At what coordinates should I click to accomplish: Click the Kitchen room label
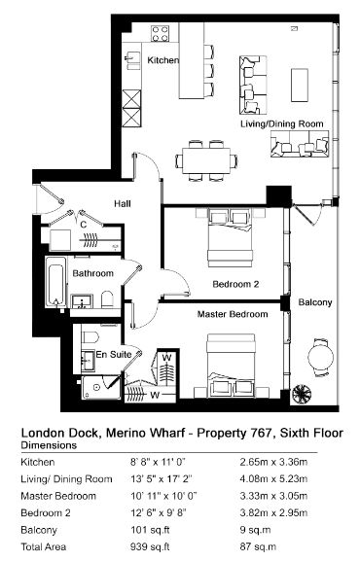pos(163,59)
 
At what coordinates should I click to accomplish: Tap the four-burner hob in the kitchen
pos(160,34)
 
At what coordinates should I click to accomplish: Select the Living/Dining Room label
pos(282,123)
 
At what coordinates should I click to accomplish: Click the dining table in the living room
pos(206,160)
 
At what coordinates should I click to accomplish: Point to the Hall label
pos(123,203)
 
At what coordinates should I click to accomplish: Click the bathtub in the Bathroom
pos(55,282)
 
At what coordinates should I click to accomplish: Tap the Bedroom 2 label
pos(235,284)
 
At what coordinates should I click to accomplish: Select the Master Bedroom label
pos(233,314)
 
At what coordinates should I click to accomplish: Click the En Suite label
pos(114,354)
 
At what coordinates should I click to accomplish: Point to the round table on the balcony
pos(321,357)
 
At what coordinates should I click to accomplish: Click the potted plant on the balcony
pos(302,394)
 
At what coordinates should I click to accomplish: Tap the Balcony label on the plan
pos(315,302)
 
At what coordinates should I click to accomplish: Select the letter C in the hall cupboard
pos(83,225)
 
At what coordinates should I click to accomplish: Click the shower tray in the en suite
pos(100,387)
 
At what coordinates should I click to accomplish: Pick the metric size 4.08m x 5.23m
pos(273,478)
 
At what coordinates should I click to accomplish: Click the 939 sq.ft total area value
pos(150,546)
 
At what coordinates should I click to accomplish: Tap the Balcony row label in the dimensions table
pos(39,530)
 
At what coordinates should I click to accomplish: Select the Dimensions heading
pos(49,445)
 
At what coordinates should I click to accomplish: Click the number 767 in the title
pos(260,433)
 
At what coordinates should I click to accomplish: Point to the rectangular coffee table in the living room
pos(300,86)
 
